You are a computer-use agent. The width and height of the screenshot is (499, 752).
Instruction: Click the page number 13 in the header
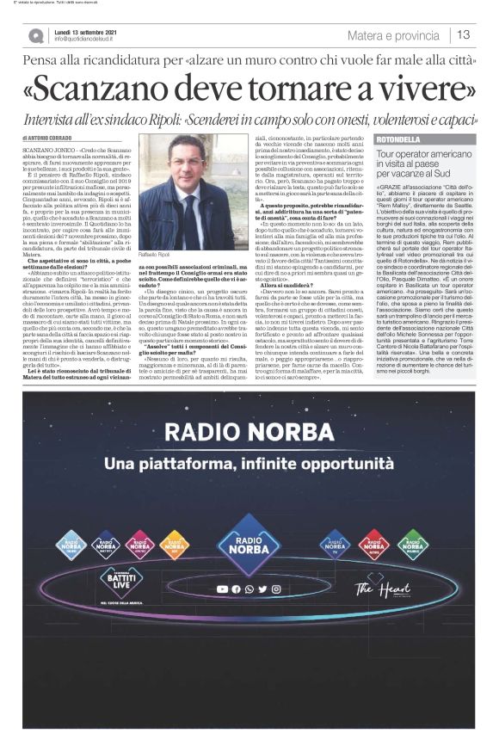point(464,35)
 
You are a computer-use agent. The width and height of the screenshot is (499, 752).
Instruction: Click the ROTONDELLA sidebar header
point(398,140)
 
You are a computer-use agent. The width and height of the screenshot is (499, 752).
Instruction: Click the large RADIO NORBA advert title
point(249,431)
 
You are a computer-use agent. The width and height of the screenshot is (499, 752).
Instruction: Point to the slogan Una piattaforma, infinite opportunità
point(249,465)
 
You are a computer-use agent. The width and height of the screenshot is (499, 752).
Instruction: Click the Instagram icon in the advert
point(274,589)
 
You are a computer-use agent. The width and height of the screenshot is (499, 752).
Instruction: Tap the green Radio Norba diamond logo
point(413,544)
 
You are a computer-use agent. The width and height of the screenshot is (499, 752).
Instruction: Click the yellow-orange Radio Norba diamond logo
point(174,544)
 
